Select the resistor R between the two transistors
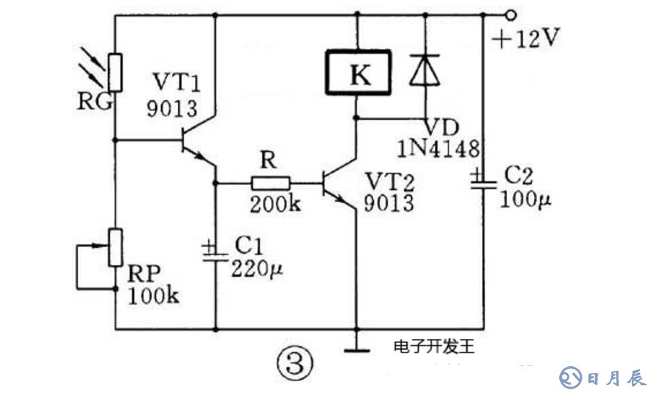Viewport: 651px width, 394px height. [270, 182]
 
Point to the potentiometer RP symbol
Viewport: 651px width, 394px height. [116, 248]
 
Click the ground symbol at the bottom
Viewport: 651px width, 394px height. [355, 350]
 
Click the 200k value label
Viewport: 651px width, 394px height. [275, 204]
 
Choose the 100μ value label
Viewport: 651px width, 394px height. [527, 199]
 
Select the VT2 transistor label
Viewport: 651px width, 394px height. [389, 181]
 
